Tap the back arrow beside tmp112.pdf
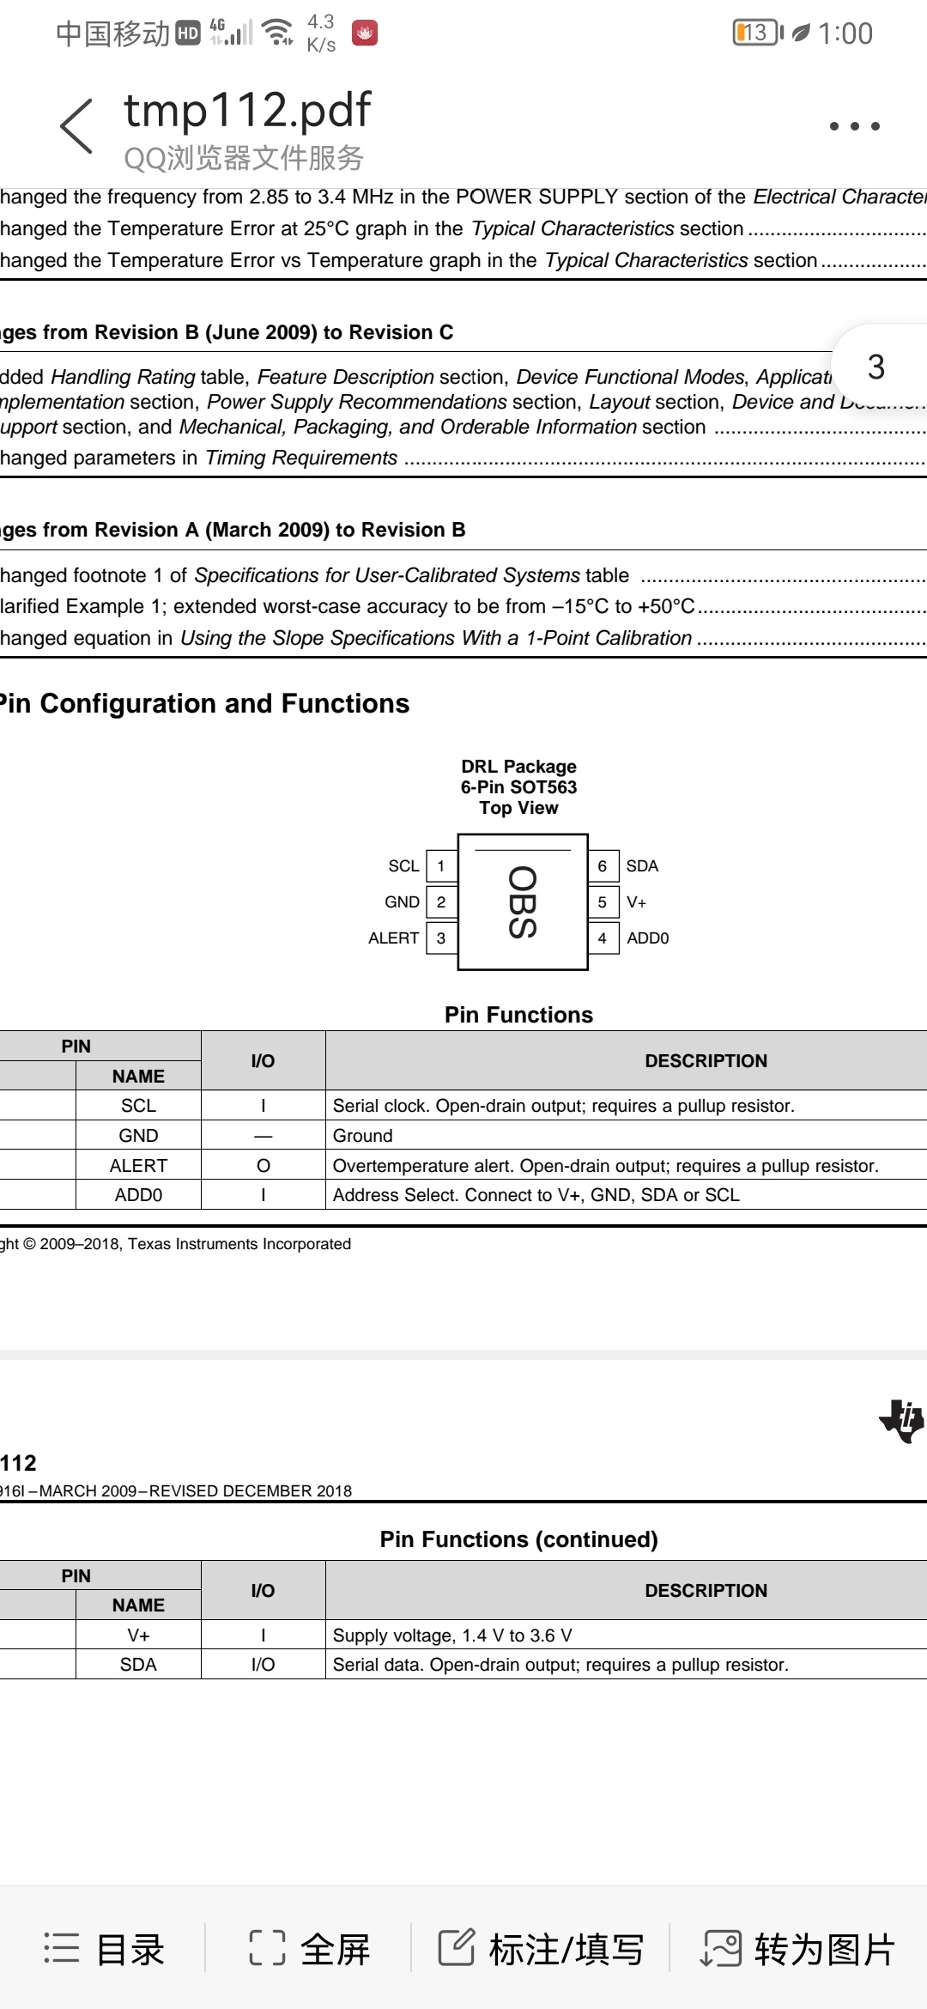[77, 125]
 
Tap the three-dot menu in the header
[854, 126]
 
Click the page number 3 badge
[876, 367]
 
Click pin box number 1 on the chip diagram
[441, 866]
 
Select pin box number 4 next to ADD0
[603, 938]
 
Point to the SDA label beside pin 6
[642, 866]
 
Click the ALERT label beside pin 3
[393, 938]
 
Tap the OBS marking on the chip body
[522, 902]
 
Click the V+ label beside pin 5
[636, 902]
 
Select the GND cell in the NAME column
[138, 1136]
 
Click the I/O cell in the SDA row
[263, 1665]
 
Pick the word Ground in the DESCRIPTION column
[362, 1136]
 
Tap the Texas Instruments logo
[901, 1421]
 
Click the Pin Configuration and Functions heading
[204, 704]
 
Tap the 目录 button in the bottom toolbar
[104, 1949]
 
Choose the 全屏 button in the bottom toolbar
[310, 1949]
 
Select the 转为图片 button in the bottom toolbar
[798, 1949]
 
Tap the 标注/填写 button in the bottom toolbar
[541, 1949]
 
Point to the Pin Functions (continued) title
[518, 1539]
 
